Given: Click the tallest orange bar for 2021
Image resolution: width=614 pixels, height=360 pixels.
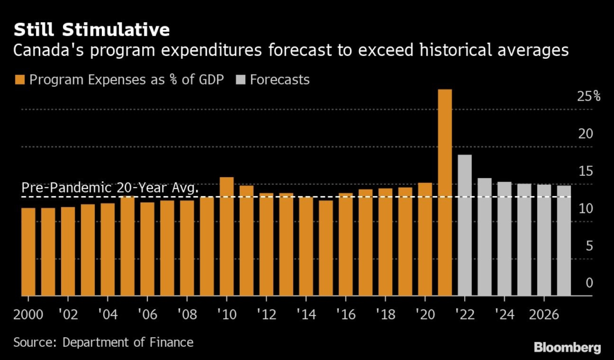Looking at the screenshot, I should pos(444,192).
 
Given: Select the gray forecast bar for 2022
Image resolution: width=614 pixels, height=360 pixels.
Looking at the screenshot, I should pos(464,225).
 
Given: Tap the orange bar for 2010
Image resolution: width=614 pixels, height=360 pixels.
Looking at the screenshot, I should pos(226,236).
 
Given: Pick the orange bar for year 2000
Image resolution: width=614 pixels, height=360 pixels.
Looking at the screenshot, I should pos(28,252).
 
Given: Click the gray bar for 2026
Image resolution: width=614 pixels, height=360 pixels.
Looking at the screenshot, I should pos(543,240).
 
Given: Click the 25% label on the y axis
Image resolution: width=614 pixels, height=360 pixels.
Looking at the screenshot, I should pos(588,97).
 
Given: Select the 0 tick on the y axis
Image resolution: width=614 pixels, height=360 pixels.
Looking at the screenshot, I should pos(589,283).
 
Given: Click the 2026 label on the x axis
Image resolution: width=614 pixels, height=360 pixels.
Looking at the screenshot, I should pos(543,315).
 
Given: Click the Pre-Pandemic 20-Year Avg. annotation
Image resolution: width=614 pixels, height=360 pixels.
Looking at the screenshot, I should pos(110,188).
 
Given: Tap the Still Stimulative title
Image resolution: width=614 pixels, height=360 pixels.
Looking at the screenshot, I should pos(91,30).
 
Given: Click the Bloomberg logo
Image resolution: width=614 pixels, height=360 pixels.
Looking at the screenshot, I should pos(567,347).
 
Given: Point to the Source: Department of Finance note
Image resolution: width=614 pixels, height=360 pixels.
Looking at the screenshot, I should pos(103,343).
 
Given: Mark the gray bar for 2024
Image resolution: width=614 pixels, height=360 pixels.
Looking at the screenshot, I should pos(504,239).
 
